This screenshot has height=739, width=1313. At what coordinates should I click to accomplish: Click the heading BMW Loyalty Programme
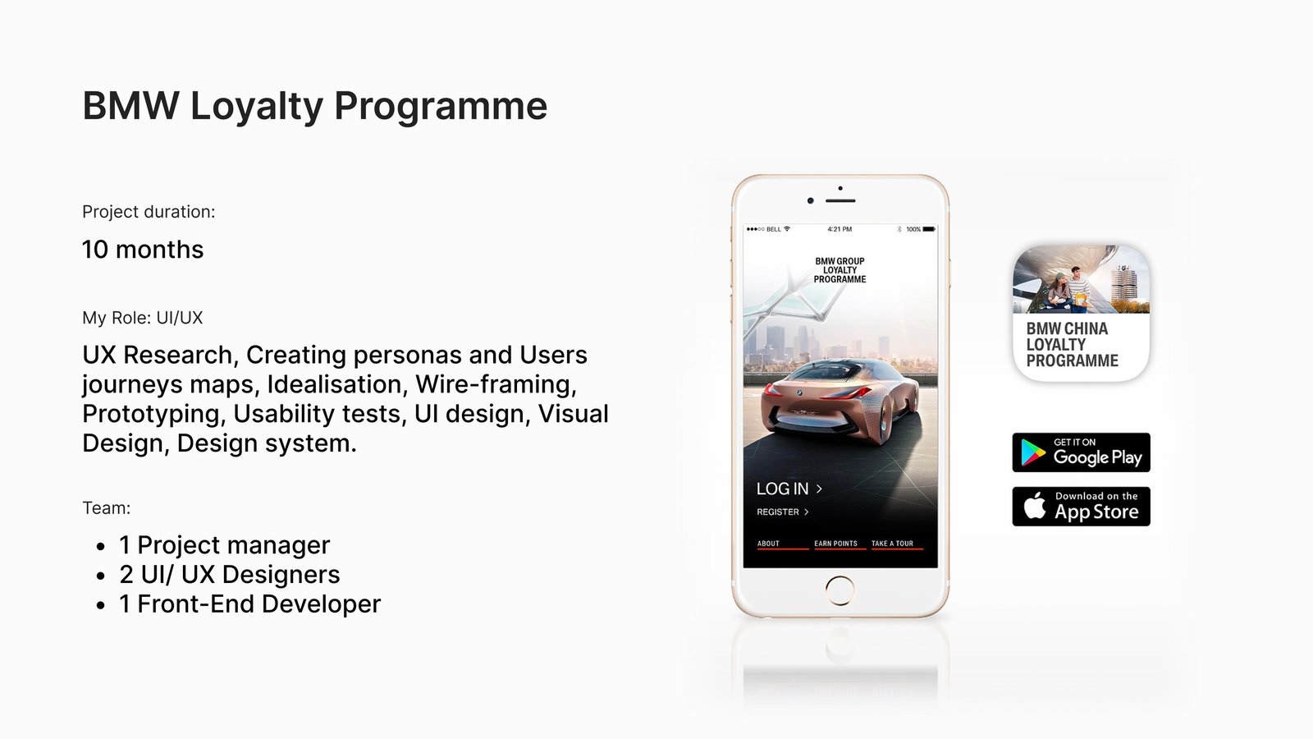(315, 107)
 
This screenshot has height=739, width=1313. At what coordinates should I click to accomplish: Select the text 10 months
(143, 250)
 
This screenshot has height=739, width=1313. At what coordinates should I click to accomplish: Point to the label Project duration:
(149, 212)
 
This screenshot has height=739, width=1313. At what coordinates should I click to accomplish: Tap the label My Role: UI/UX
(143, 318)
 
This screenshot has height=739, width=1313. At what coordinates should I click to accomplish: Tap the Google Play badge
(1081, 452)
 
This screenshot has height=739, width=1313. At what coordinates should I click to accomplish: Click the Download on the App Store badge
(1081, 506)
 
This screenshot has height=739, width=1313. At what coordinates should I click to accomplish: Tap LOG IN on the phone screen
(789, 489)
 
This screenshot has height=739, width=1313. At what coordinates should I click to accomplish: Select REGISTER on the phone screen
(783, 512)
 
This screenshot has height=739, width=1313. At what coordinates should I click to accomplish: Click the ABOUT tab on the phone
(768, 544)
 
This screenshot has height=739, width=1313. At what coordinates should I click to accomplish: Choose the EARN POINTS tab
(836, 544)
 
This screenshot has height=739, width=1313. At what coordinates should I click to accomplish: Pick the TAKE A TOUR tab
(892, 544)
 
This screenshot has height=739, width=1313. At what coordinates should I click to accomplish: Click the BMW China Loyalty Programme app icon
(1081, 313)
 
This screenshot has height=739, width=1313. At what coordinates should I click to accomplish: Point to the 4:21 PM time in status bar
(839, 229)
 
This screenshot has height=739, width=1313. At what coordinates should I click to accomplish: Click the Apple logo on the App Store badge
(1035, 506)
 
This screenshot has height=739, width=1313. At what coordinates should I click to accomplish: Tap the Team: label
(106, 508)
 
